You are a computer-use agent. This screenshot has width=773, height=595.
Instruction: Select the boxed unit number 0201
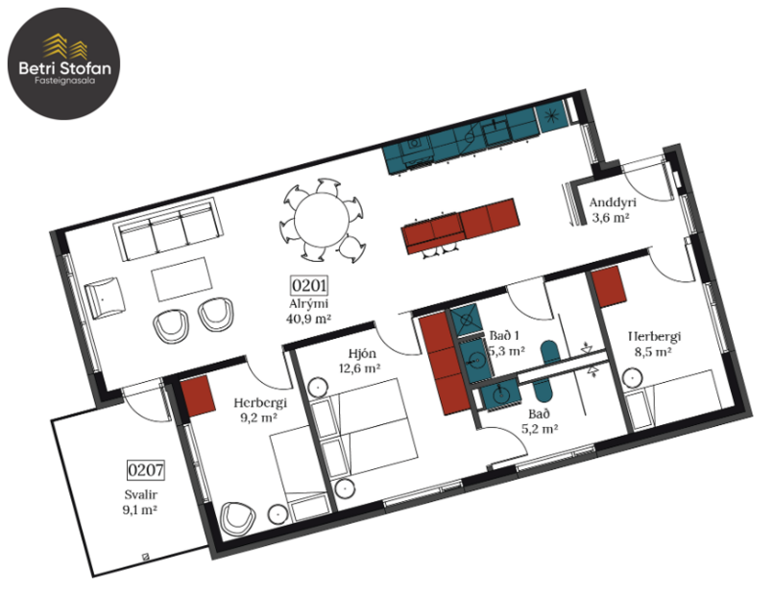point(309,285)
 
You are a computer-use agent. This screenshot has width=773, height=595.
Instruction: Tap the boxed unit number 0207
point(145,470)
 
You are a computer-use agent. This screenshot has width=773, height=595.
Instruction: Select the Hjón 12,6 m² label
point(361,359)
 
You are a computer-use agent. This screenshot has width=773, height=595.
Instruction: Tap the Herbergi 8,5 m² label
point(654,344)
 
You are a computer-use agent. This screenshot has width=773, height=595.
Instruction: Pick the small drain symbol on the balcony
point(144,557)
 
